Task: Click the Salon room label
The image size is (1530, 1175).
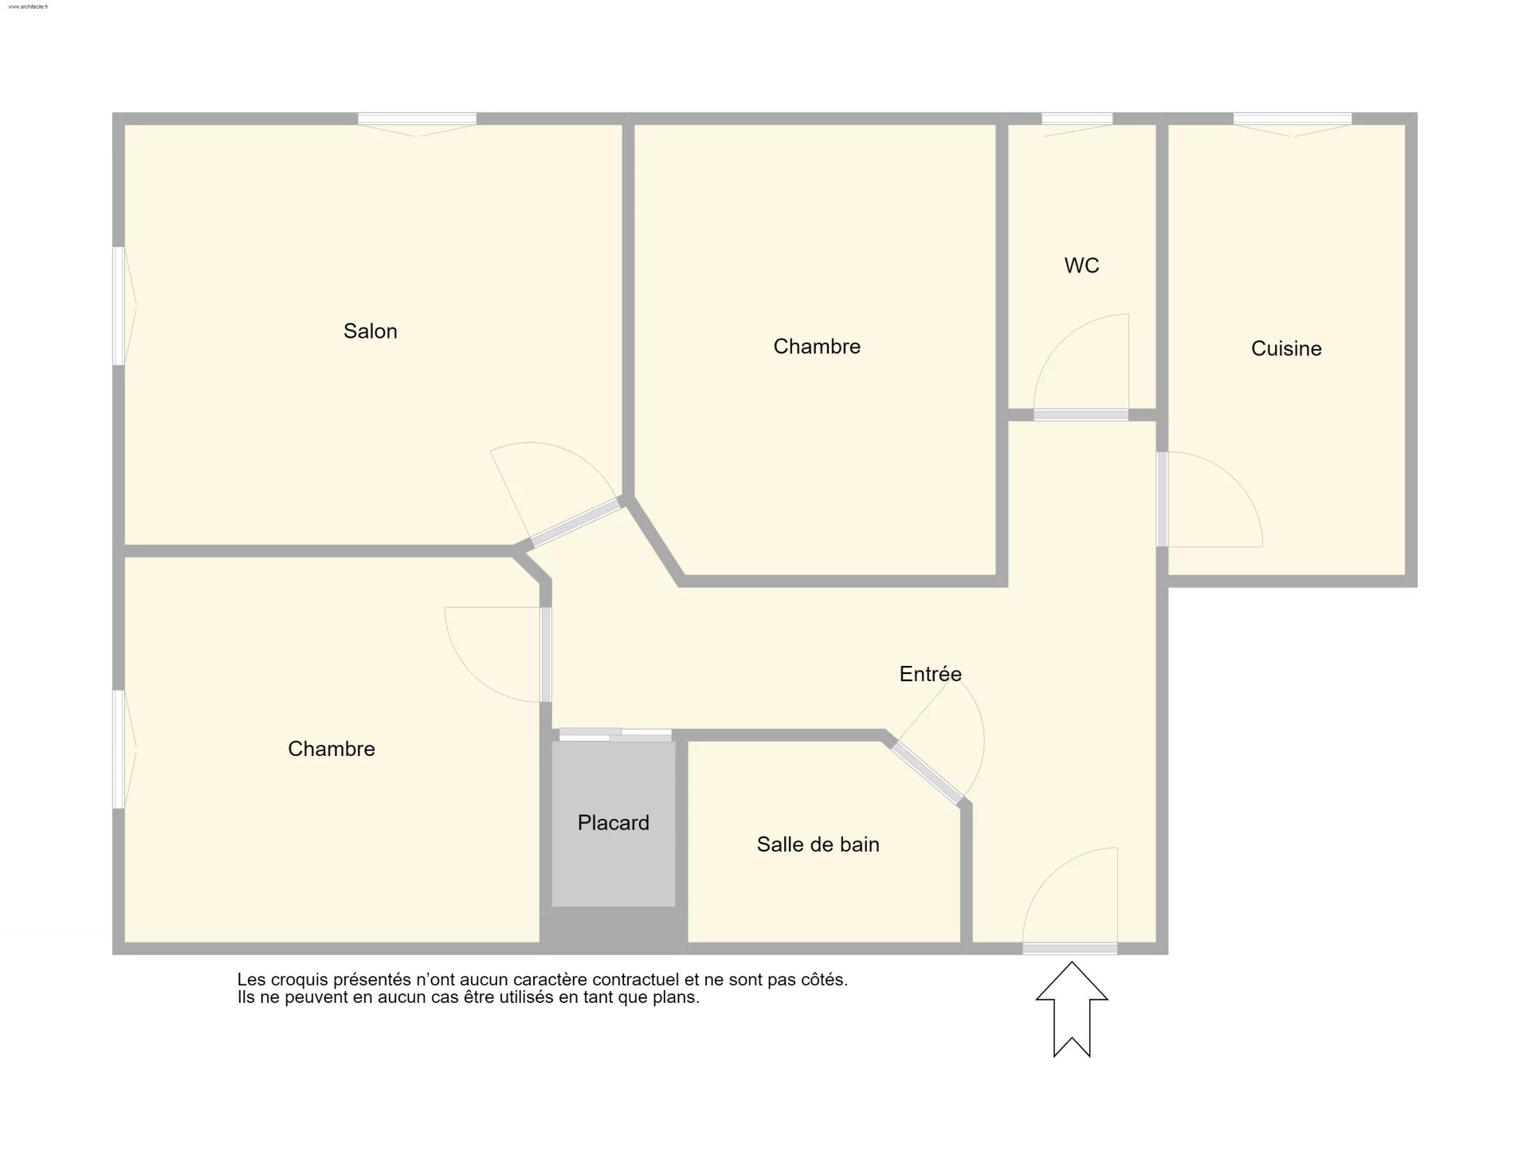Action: point(371,331)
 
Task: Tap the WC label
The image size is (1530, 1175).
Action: point(1081,265)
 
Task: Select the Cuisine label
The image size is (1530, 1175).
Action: point(1286,348)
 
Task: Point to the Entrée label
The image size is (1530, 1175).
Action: point(931,674)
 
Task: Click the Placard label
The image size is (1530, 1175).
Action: point(614,823)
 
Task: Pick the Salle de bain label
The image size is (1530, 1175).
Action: point(818,844)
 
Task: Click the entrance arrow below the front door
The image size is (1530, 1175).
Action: point(1072,1009)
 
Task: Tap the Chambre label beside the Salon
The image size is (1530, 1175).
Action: point(817,347)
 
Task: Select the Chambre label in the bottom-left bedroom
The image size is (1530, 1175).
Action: point(331,749)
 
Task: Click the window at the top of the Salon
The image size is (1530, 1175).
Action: point(417,119)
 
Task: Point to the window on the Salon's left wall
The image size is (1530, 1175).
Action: point(119,306)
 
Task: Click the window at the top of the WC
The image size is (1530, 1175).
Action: point(1077,119)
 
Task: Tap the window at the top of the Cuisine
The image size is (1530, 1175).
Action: point(1293,119)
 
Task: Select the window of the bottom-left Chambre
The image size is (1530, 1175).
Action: point(119,750)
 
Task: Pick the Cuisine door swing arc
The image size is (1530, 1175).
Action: point(1237,478)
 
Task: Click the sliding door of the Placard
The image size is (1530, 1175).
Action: point(615,735)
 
